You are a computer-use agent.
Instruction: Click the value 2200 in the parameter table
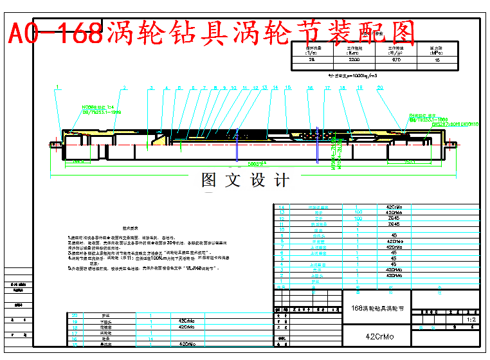(355, 59)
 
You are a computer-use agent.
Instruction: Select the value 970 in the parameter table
(397, 59)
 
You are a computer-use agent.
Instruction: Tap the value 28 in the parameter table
(313, 59)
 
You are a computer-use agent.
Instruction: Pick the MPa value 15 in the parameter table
(437, 59)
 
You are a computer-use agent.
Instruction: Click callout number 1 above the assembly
(57, 87)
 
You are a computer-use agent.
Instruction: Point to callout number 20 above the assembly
(380, 87)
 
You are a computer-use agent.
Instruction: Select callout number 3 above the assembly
(151, 87)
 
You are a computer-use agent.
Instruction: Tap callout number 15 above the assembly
(287, 87)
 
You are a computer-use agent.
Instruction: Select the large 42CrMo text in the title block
(379, 337)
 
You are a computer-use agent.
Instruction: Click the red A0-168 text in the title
(55, 31)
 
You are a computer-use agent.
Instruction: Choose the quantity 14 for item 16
(150, 337)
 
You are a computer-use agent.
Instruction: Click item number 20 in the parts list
(75, 315)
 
